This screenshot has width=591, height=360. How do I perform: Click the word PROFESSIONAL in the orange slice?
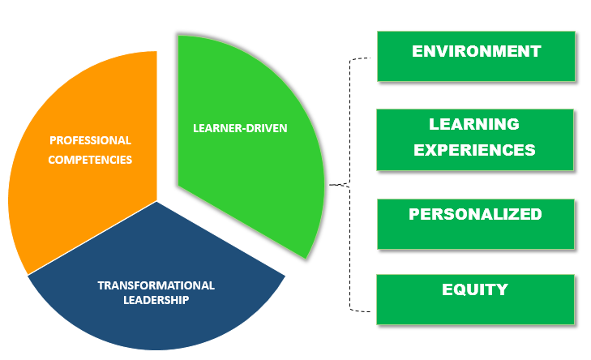91,140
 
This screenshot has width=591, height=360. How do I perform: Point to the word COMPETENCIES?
90,160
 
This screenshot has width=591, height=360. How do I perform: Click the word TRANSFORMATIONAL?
156,285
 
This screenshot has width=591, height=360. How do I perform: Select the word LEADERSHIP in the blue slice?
156,300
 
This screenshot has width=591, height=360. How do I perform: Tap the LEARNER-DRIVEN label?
240,128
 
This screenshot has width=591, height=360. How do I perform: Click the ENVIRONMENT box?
477,56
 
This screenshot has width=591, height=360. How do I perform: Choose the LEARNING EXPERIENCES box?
475,139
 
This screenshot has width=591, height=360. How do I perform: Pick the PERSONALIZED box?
476,225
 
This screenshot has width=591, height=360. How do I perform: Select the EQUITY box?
476,300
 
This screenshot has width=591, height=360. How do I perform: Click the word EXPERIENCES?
474,150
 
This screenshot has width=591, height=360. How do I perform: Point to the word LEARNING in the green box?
474,124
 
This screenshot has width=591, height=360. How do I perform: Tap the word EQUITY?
475,289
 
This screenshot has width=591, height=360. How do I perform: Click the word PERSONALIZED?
475,214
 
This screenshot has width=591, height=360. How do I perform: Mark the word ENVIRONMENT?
477,51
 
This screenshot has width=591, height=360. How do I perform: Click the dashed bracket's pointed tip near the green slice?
330,185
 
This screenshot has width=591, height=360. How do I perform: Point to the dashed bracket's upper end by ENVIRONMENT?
370,58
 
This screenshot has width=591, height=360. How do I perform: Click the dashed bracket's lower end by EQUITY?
370,311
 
